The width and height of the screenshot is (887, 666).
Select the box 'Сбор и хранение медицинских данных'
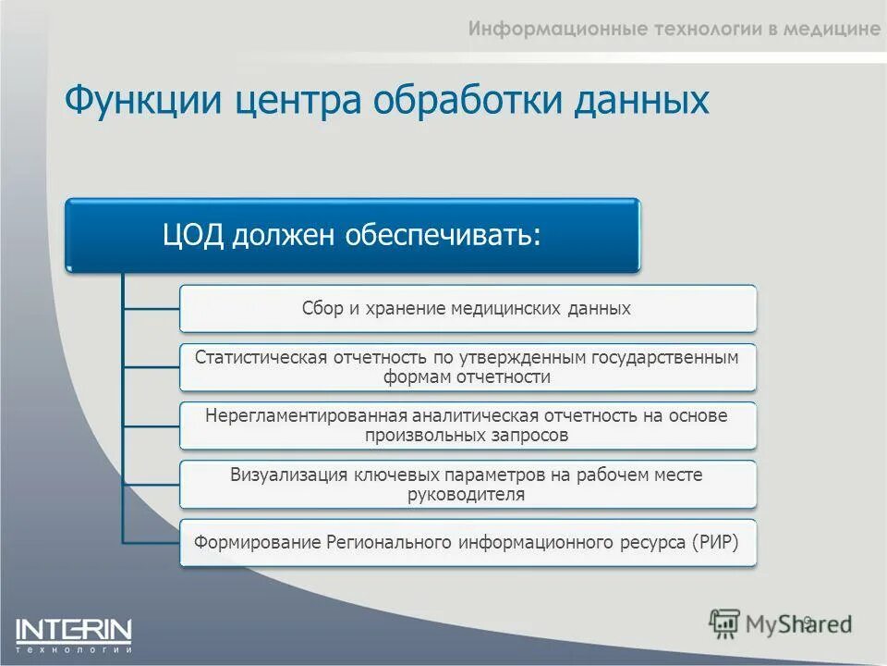(467, 309)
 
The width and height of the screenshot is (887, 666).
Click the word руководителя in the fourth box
(467, 495)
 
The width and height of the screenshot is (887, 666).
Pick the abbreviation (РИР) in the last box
(714, 542)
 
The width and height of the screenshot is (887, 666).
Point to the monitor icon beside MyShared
(725, 624)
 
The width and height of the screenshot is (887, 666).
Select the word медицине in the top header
(832, 29)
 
